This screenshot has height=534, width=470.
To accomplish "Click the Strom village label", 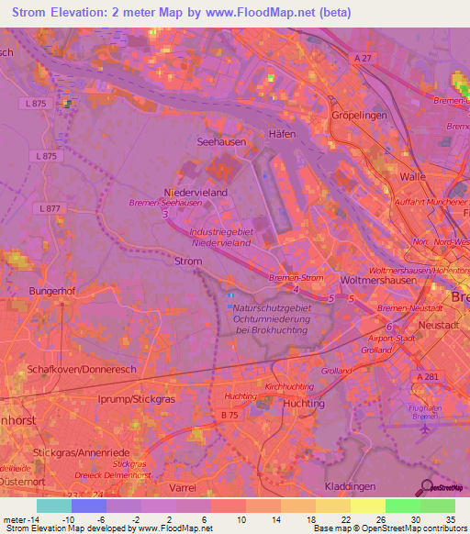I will [187, 261].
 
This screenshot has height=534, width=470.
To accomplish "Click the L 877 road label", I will [51, 209].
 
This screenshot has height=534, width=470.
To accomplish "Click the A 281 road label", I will [428, 377].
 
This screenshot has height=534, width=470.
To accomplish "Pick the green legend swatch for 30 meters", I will [402, 506].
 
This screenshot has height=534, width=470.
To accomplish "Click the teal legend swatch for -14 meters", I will [54, 506].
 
